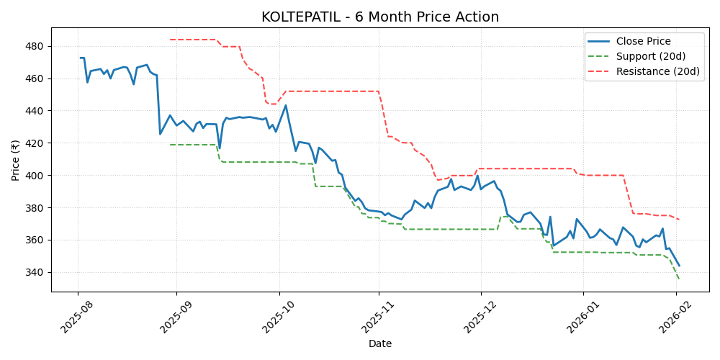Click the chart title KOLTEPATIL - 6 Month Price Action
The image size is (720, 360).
pos(379,17)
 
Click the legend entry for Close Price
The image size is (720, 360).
pos(643,42)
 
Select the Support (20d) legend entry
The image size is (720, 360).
pos(650,56)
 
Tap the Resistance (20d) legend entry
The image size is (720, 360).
pos(657,71)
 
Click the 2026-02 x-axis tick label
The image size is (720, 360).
pos(672,317)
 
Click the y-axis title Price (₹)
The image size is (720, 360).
pos(16,160)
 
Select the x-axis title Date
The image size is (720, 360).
pos(379,344)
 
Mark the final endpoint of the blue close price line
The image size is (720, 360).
pos(679,266)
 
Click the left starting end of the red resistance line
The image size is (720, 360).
pos(170,40)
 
